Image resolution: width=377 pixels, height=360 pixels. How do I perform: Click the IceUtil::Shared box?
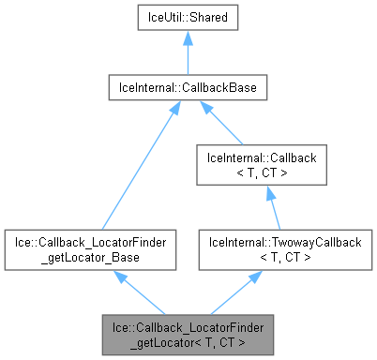[x=188, y=18]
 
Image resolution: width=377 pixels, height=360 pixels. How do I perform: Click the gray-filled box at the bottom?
[x=188, y=334]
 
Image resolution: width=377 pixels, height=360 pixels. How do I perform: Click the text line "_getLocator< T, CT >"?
[x=188, y=341]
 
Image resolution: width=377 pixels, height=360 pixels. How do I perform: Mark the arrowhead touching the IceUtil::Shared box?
[x=188, y=37]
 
